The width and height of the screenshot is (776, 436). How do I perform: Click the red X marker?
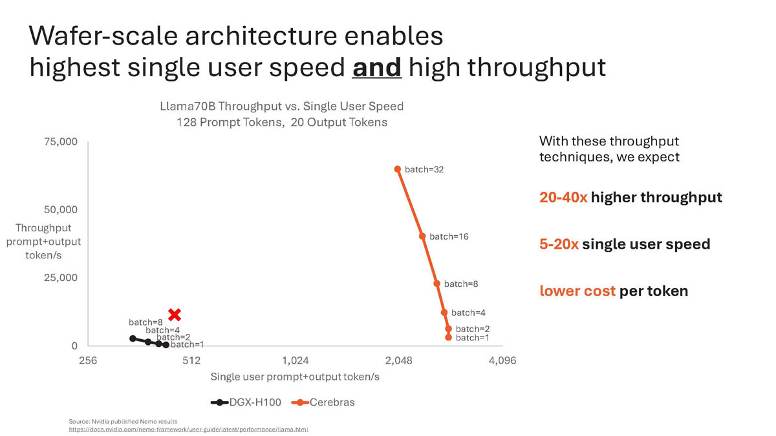pos(174,315)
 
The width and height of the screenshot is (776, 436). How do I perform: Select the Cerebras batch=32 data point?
pos(398,169)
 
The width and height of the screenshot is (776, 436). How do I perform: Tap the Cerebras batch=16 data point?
pos(422,236)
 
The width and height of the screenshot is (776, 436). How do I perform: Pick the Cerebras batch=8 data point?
pos(437,284)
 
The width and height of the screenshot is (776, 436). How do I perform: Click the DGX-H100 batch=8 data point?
pos(133,338)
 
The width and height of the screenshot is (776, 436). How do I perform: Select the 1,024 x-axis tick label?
pos(296,361)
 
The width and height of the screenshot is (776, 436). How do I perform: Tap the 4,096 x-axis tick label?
pos(502,361)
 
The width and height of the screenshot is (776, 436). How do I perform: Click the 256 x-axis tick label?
pos(88,361)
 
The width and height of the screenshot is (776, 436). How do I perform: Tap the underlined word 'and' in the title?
pos(376,67)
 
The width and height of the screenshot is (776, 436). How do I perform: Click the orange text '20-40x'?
pos(563,198)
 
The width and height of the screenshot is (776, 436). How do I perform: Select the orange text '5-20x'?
pos(559,244)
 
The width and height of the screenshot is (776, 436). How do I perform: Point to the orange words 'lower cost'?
pos(577,291)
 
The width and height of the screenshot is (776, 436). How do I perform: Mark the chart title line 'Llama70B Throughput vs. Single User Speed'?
pos(281,106)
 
